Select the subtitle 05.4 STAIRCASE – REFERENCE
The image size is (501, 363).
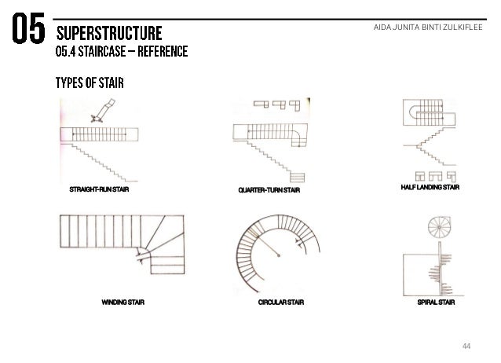tap(120, 53)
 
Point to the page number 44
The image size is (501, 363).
tap(468, 346)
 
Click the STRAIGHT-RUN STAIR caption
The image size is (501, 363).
tap(99, 190)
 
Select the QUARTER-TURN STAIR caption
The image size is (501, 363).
tap(269, 190)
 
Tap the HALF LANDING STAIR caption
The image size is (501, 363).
tap(432, 188)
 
